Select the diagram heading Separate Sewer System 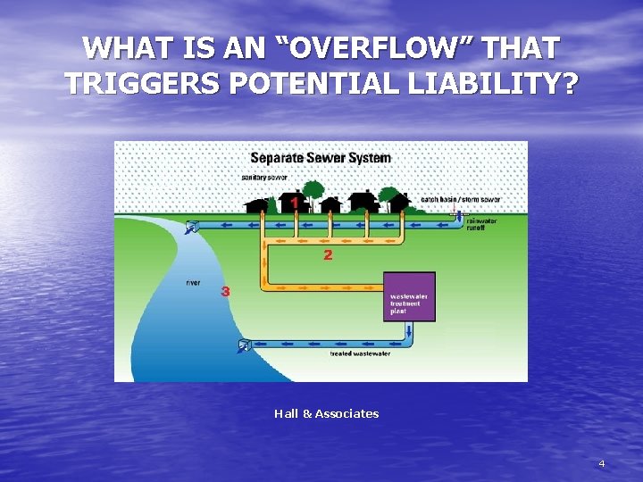coord(320,159)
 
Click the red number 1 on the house coord(295,204)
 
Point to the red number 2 coord(328,255)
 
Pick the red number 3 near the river coord(225,291)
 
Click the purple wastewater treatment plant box coord(409,296)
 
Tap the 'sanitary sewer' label coord(264,177)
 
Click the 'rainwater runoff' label coord(483,224)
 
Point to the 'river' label coord(193,283)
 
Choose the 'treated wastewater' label coord(355,354)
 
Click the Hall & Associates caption coord(326,413)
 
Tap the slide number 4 coord(601,463)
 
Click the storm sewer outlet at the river coord(191,229)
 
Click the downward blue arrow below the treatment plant coord(409,332)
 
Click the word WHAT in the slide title coord(132,48)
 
